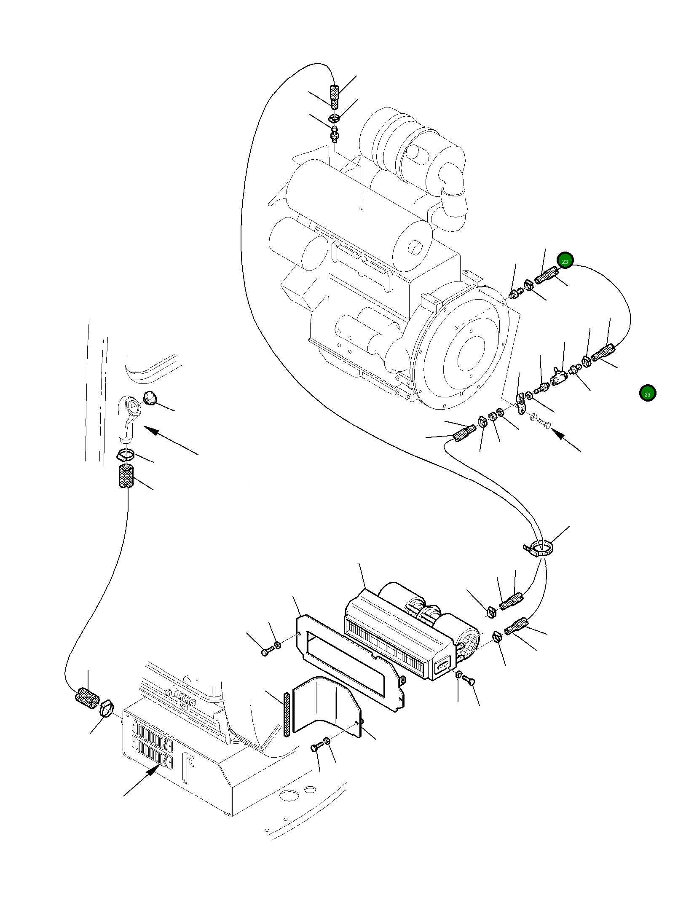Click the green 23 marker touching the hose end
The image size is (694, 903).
pos(565,261)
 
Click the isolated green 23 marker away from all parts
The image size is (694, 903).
pos(647,393)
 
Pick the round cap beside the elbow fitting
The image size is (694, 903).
pos(150,397)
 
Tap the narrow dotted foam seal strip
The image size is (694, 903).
pos(287,714)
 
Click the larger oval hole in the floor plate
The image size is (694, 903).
pos(289,795)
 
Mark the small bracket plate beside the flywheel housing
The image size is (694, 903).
pos(521,403)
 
